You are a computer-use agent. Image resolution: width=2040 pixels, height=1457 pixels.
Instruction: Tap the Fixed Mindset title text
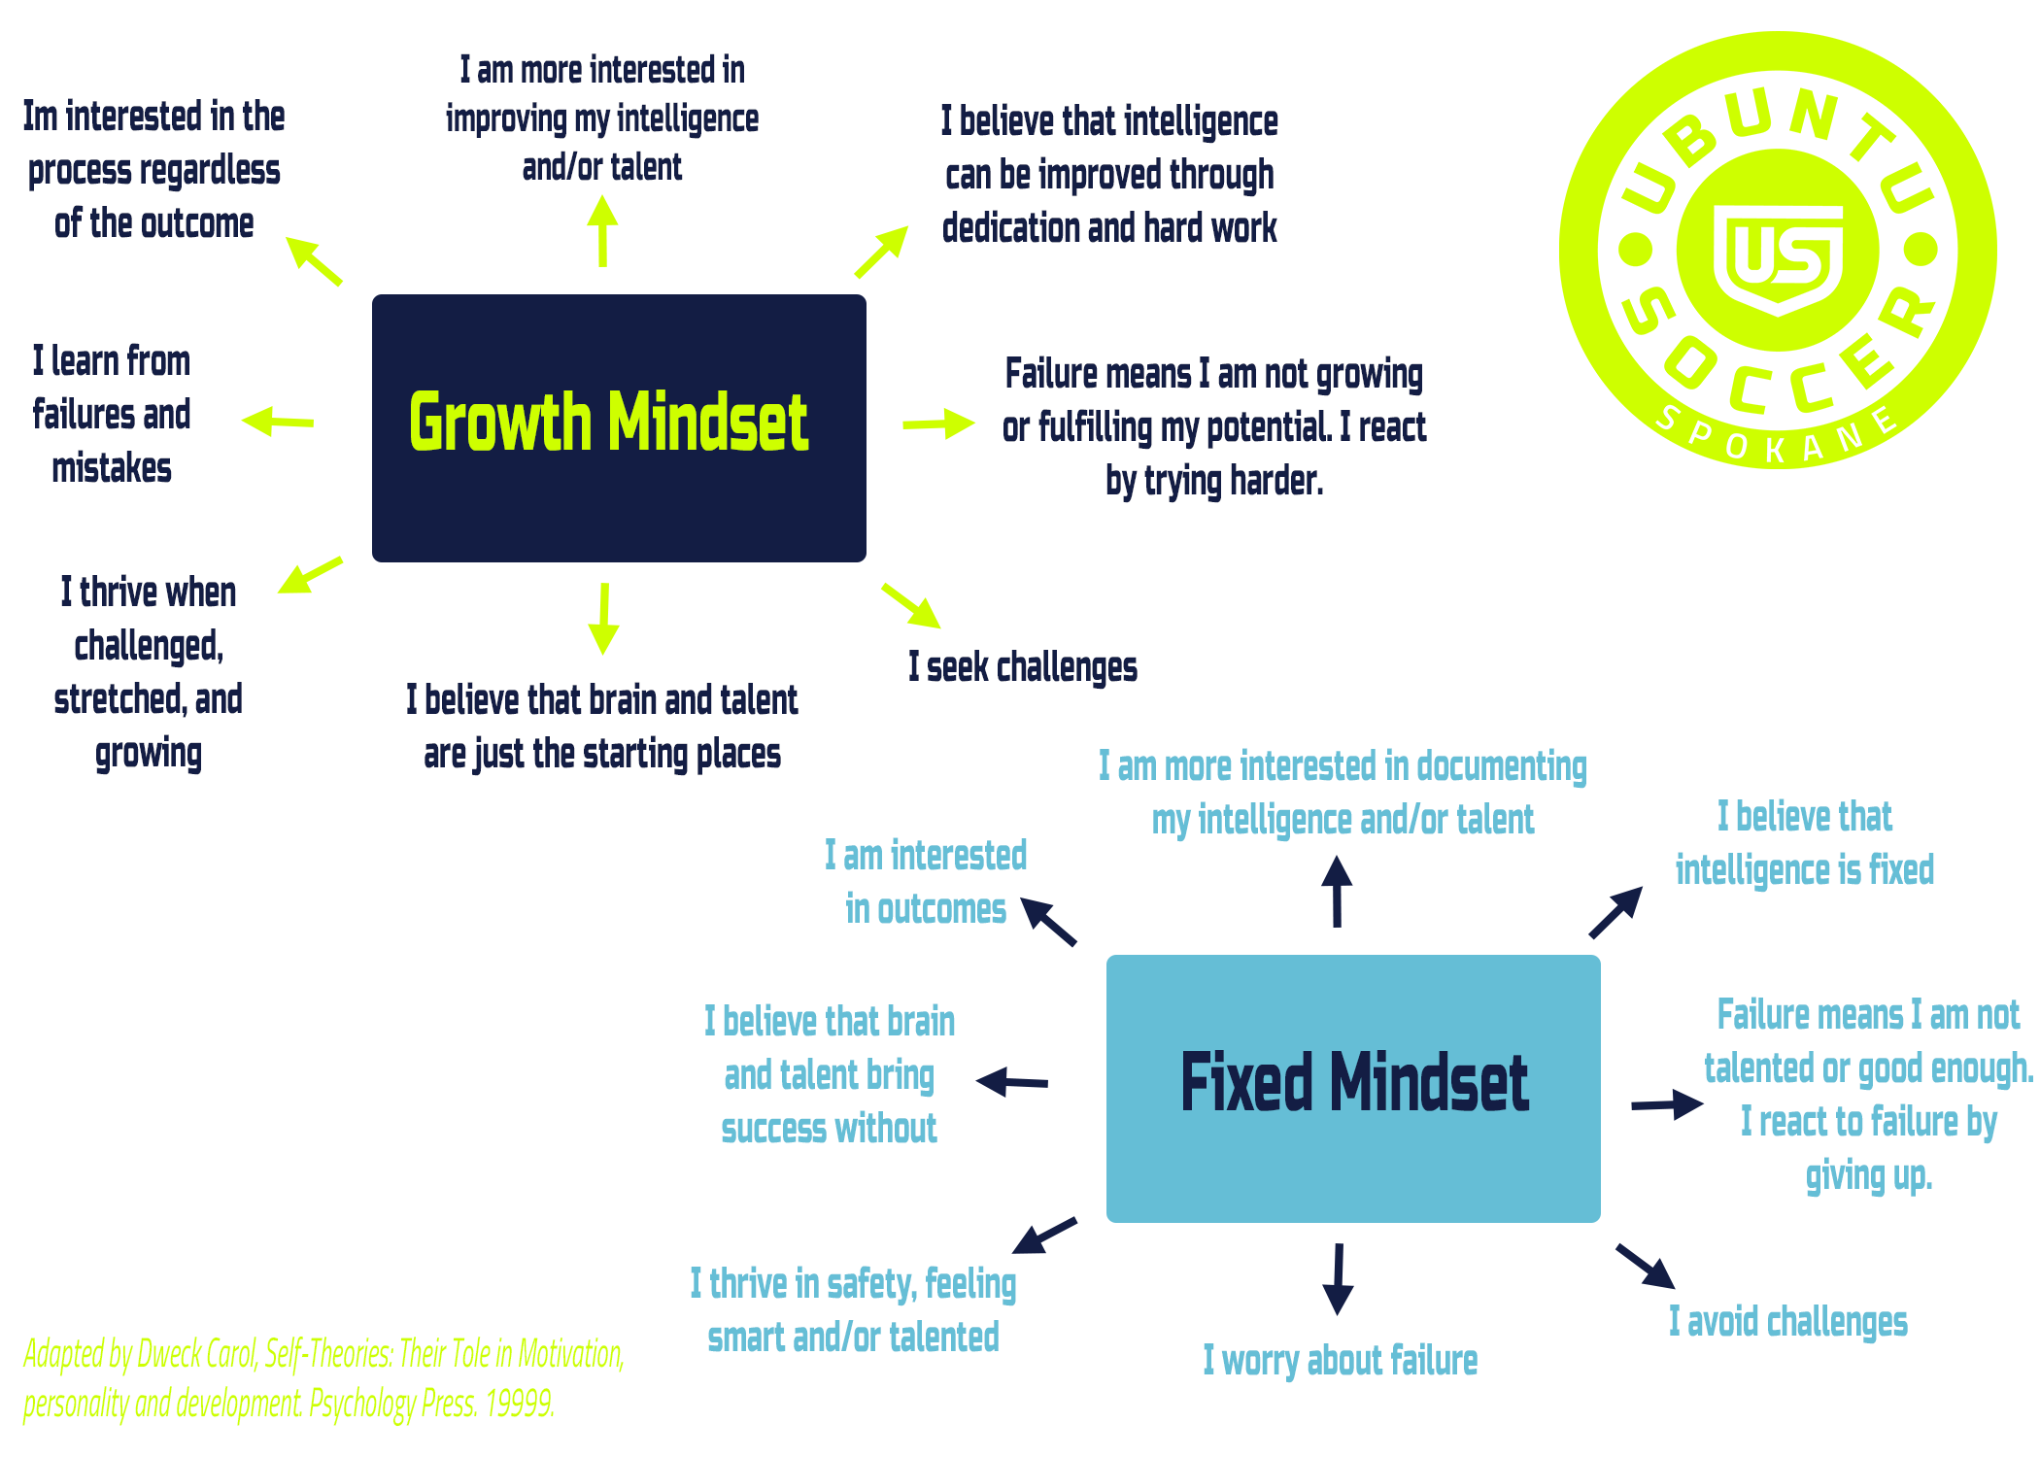1354,1082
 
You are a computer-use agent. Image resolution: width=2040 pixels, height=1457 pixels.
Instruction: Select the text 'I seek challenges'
1023,667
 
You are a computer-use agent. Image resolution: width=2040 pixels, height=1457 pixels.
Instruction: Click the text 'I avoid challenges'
1788,1322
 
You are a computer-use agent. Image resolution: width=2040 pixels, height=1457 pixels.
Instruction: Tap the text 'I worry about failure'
1341,1361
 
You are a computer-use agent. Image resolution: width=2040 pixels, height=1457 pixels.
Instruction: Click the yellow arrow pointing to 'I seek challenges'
911,606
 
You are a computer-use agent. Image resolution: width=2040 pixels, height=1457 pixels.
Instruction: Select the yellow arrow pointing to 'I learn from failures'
278,421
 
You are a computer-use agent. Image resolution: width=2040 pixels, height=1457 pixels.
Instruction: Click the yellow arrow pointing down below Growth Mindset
603,619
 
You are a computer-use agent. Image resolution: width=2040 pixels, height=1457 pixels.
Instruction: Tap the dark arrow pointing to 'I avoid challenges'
1646,1266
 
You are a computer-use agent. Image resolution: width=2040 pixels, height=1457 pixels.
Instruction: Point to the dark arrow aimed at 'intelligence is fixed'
1615,912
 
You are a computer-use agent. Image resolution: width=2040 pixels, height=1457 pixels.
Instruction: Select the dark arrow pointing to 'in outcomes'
1048,921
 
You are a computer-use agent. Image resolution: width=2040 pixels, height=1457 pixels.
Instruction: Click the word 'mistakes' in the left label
112,468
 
